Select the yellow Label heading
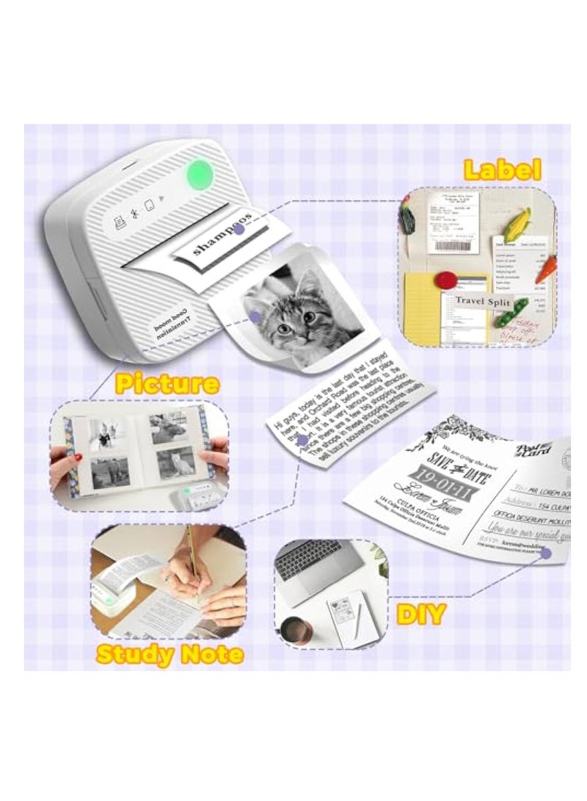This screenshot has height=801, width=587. (x=503, y=170)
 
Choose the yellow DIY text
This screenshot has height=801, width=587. (x=421, y=614)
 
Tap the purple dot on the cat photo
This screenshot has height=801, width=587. (x=254, y=316)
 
